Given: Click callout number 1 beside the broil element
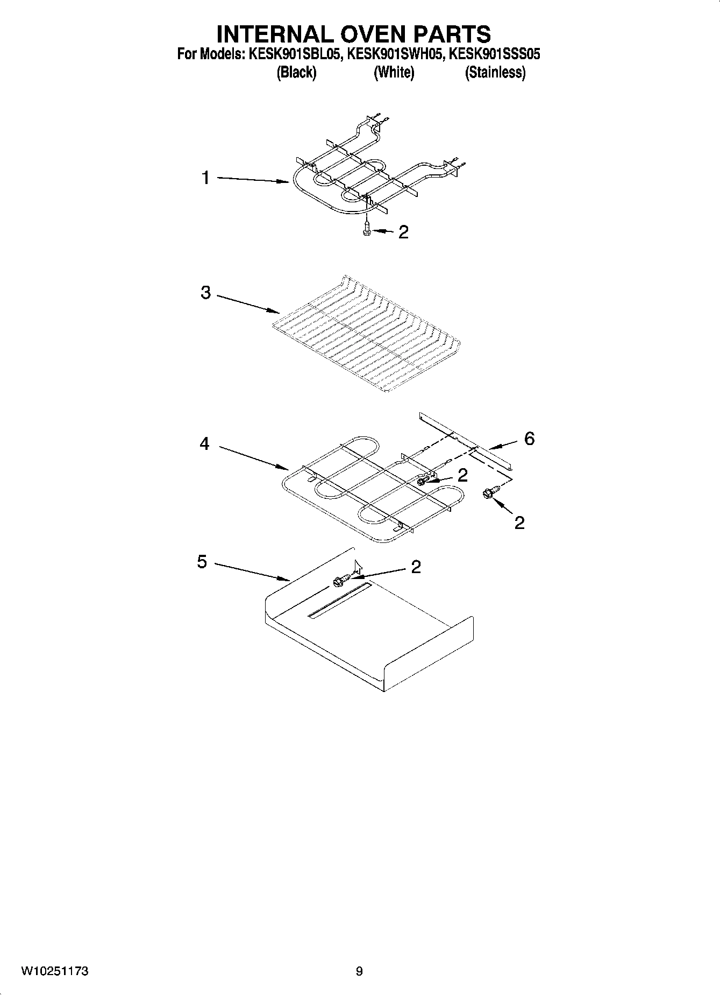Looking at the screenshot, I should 205,178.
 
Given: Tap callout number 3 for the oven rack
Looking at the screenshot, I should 205,293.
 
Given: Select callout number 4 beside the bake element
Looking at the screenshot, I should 204,444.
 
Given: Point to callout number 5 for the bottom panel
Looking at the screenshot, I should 202,562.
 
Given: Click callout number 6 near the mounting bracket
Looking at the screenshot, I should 530,439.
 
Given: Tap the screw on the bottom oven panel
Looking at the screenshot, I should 340,580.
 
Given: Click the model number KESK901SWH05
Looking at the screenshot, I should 394,54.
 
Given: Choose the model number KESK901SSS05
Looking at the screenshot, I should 495,54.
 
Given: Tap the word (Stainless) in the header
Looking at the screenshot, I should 495,72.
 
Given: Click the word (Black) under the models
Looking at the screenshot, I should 296,72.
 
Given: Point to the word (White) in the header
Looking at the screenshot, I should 394,72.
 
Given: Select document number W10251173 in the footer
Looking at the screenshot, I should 55,971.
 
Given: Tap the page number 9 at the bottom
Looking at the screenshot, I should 359,971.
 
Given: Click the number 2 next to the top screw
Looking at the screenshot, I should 403,232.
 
